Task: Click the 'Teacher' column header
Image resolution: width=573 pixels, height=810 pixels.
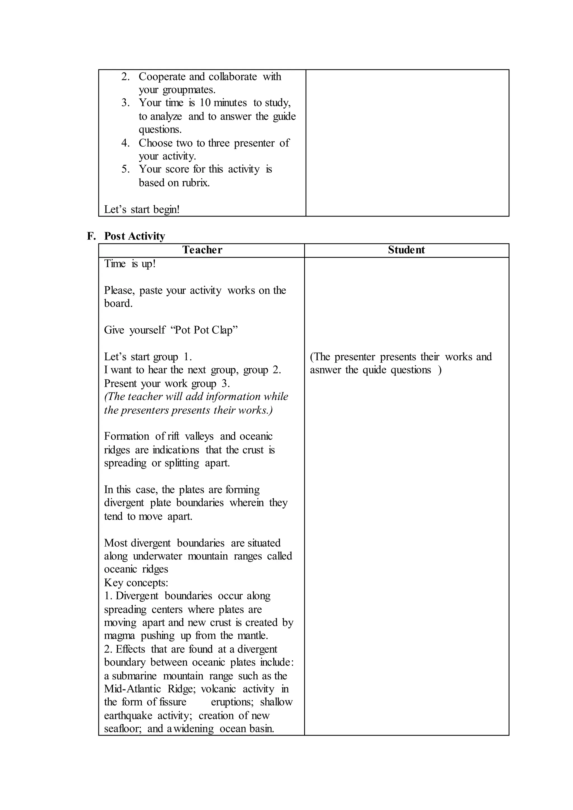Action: (x=202, y=250)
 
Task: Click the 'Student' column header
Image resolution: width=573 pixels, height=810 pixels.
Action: (x=406, y=250)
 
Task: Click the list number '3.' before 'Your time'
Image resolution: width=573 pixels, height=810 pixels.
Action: (x=126, y=103)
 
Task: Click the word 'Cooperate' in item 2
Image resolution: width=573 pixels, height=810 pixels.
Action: (x=162, y=77)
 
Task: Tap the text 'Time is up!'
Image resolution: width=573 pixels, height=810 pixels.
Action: (x=130, y=263)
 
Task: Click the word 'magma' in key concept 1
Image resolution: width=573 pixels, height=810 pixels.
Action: (x=119, y=635)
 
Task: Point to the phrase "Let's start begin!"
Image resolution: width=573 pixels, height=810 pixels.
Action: (x=142, y=209)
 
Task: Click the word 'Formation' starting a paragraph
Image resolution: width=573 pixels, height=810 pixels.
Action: (x=126, y=436)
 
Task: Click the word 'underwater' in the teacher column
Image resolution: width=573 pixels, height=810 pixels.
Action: (x=157, y=556)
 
